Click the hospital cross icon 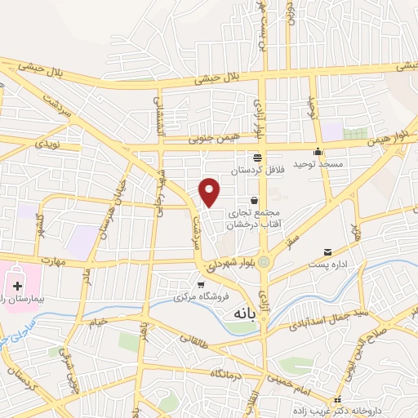17,286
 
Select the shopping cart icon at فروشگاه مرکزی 200,284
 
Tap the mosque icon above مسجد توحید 318,153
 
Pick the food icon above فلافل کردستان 257,158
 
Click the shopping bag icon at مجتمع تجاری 255,200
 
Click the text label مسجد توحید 318,165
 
